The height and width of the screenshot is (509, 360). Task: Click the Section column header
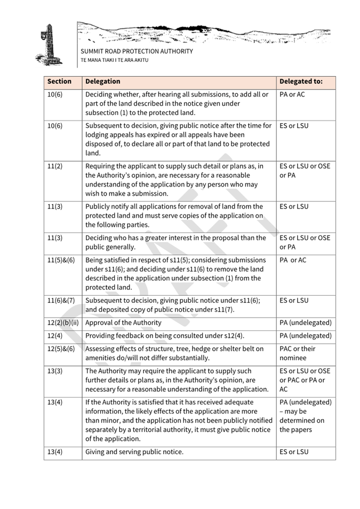[59, 82]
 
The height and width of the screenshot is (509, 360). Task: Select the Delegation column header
[103, 82]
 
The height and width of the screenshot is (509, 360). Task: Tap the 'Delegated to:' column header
[301, 82]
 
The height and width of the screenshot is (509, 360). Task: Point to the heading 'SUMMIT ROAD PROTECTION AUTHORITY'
[137, 52]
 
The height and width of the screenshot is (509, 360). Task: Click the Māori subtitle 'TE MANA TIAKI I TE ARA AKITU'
[115, 60]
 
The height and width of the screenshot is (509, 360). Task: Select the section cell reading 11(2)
[55, 166]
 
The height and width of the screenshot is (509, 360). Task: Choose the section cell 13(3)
[55, 371]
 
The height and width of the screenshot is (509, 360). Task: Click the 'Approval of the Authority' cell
[123, 322]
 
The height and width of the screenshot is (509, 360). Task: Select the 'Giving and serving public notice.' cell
[134, 452]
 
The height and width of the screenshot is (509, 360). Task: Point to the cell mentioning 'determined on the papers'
[305, 416]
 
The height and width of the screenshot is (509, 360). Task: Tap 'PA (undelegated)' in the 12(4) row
[305, 336]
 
